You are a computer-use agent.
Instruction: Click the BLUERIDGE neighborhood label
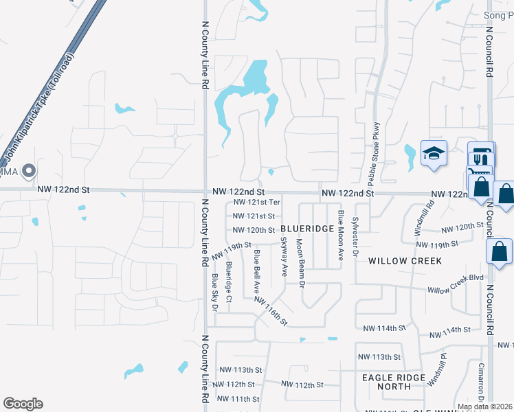(x=307, y=229)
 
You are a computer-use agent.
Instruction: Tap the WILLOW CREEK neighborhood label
(x=403, y=261)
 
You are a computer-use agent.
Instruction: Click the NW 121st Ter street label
(x=257, y=203)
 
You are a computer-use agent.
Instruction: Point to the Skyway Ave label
(x=284, y=256)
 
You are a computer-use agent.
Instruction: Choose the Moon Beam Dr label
(x=300, y=259)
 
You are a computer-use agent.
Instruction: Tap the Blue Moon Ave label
(x=340, y=235)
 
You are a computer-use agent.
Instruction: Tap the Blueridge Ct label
(x=230, y=279)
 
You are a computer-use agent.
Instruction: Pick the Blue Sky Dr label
(x=214, y=292)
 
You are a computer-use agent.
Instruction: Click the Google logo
(x=23, y=404)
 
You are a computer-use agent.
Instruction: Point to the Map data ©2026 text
(x=484, y=407)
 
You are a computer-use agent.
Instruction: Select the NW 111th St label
(x=237, y=399)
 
